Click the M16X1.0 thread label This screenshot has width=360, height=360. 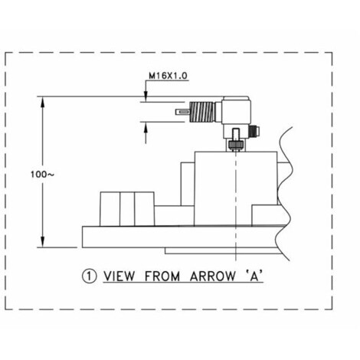point(168,76)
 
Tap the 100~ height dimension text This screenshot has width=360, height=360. point(42,175)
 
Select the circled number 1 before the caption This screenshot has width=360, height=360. point(90,276)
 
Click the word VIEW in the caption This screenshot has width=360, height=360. point(119,277)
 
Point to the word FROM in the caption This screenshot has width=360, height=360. point(162,277)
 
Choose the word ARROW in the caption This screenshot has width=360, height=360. point(213,277)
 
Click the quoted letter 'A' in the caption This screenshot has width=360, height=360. point(254,276)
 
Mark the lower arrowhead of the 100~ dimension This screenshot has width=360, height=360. point(43,241)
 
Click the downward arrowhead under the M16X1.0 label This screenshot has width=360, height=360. point(146,97)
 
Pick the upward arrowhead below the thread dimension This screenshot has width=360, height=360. point(146,127)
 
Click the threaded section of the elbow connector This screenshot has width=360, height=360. point(202,112)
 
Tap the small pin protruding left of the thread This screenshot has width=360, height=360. point(182,112)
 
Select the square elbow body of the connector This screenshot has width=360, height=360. point(236,111)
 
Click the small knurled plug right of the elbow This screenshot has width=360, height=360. point(254,130)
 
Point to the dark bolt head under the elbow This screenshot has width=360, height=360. point(236,145)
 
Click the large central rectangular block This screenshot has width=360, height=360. point(236,188)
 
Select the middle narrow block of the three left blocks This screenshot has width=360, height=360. point(127,209)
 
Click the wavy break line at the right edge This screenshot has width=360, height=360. point(284,194)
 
